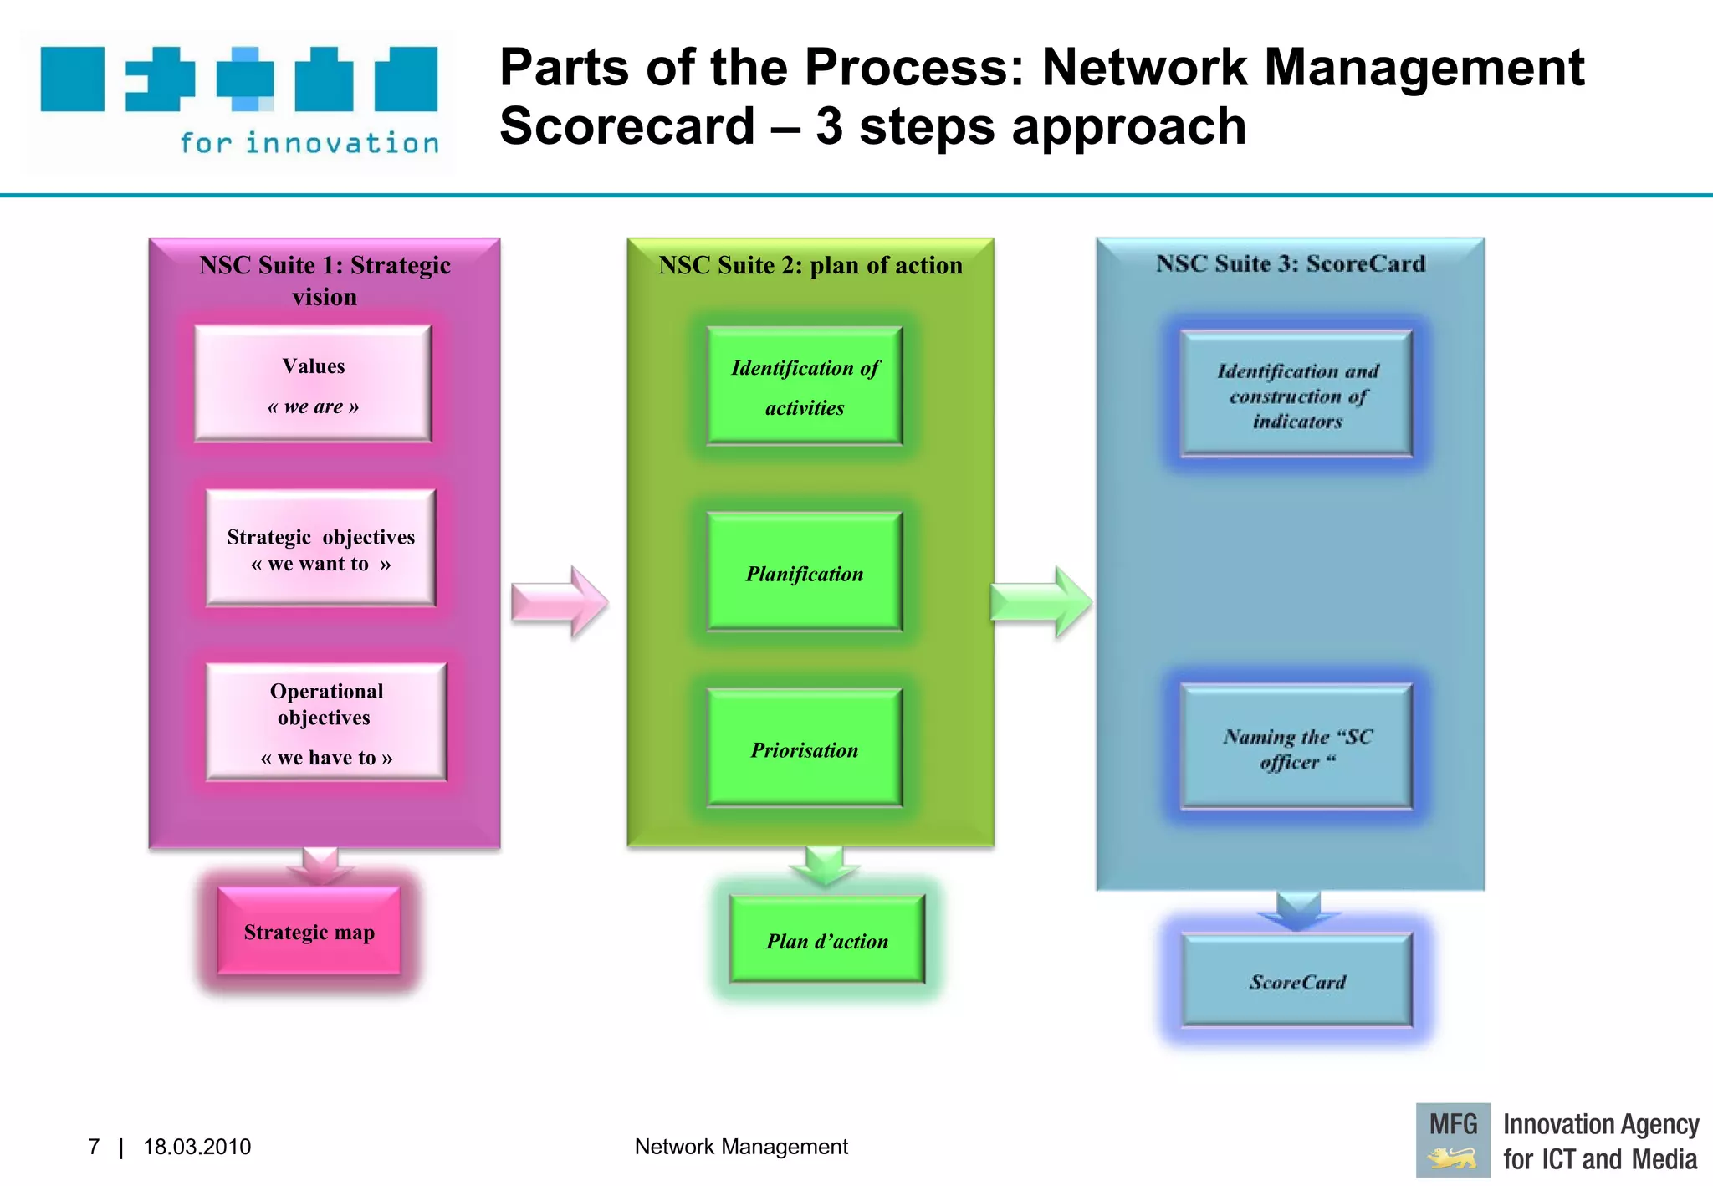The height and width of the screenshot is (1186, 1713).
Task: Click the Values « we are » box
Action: (x=313, y=384)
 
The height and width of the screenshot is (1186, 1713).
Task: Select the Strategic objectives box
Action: (x=321, y=549)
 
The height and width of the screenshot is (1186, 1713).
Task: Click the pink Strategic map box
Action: (x=309, y=932)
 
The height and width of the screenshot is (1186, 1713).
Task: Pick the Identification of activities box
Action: (x=805, y=386)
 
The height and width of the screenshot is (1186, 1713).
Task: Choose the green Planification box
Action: (x=805, y=572)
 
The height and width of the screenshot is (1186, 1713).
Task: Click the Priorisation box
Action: (x=805, y=749)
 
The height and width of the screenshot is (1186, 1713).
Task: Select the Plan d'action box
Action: (x=827, y=940)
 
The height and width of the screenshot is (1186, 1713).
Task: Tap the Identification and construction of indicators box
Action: (x=1296, y=395)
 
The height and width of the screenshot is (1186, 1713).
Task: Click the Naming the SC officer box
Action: (x=1296, y=748)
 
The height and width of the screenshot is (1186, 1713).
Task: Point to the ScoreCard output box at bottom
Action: (x=1297, y=981)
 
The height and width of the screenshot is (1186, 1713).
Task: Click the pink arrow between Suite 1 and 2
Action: (x=559, y=602)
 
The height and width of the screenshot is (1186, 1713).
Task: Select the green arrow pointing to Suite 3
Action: (x=1040, y=602)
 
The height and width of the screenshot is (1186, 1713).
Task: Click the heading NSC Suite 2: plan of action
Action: (x=810, y=265)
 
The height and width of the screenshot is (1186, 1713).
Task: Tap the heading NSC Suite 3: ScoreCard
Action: (x=1291, y=263)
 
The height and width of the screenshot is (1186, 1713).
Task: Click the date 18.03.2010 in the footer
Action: (x=197, y=1147)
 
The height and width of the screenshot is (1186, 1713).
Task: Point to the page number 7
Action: (x=94, y=1147)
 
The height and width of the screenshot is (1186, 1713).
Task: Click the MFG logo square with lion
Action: (x=1453, y=1140)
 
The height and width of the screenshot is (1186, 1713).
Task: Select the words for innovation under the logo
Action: (x=309, y=143)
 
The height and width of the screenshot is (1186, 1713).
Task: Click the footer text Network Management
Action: (x=741, y=1147)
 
